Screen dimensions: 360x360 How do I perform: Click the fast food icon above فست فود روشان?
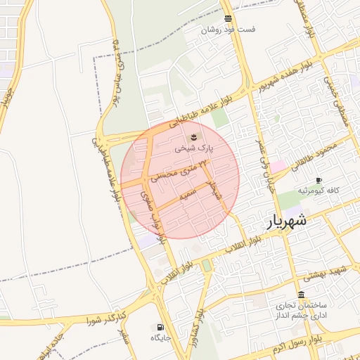tap(228, 18)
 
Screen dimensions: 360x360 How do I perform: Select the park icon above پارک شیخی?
tap(193, 136)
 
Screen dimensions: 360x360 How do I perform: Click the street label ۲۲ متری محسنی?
tap(185, 169)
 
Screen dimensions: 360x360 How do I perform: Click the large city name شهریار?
tap(287, 221)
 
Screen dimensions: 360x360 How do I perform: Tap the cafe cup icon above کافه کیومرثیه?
tap(319, 181)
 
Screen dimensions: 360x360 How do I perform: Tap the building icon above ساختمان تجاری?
tap(302, 295)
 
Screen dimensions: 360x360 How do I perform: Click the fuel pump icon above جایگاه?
tap(160, 327)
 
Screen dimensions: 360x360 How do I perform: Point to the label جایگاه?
tap(161, 338)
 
